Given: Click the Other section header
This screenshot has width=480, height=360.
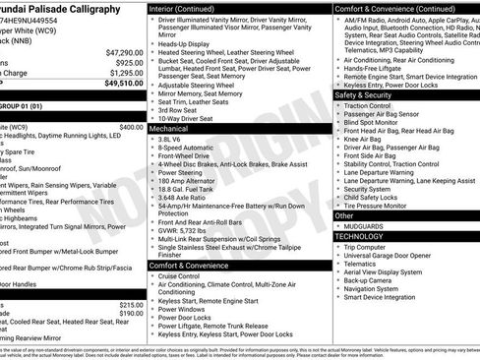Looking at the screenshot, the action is click(x=344, y=214).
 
